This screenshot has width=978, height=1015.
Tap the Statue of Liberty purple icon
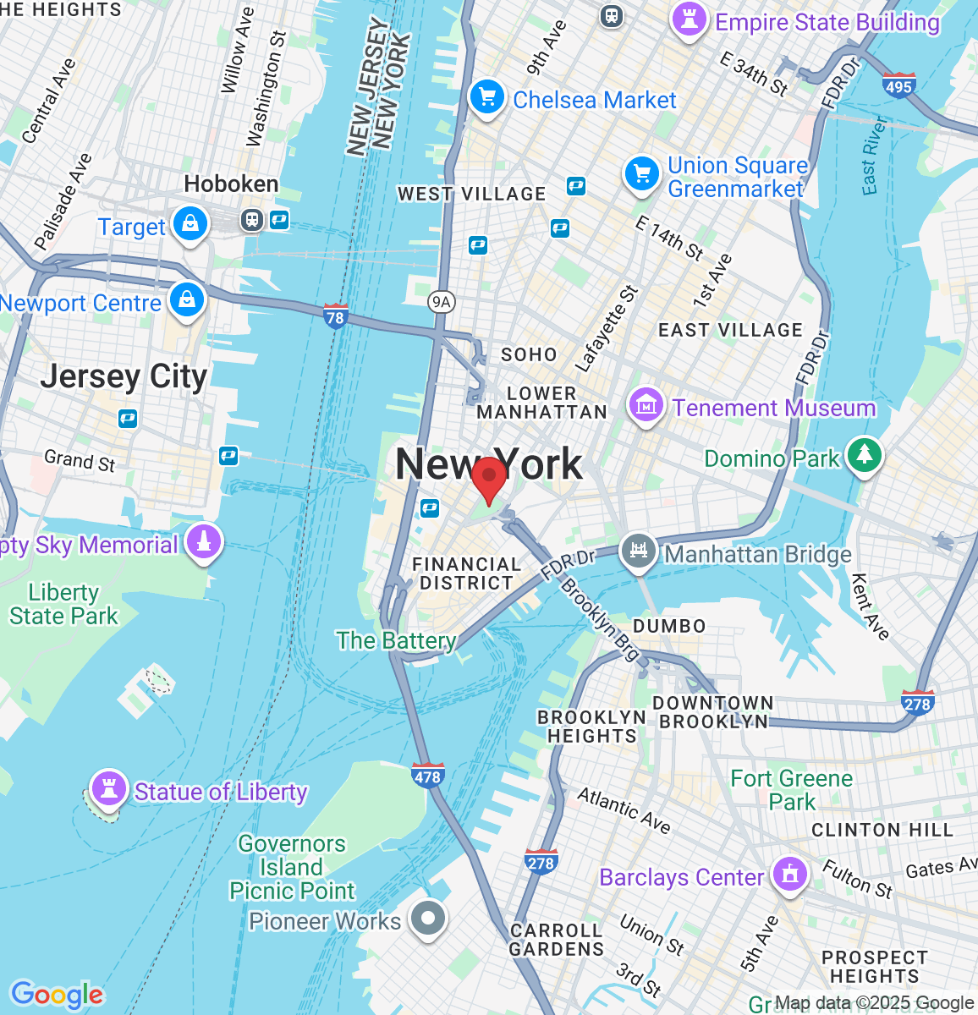pos(108,787)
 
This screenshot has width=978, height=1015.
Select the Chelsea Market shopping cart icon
pos(486,97)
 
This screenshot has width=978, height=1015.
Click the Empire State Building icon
pos(689,19)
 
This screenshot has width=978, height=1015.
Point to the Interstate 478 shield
pos(427,776)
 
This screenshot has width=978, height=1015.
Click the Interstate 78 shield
pos(336,316)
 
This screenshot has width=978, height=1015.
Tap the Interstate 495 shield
pos(898,85)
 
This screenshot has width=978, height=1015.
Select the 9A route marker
pos(441,302)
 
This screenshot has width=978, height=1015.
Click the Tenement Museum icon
pos(646,405)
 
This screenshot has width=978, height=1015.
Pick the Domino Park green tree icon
pos(864,455)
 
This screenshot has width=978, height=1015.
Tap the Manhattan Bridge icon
pos(639,551)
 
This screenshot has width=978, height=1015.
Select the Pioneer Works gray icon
pos(427,918)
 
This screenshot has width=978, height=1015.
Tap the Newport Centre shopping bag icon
pos(186,300)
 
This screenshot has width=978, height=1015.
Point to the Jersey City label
pos(124,376)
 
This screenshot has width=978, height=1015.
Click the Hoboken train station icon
pos(251,220)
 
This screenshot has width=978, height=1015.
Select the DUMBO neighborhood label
pos(669,626)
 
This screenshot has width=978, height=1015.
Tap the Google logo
pos(57,995)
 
